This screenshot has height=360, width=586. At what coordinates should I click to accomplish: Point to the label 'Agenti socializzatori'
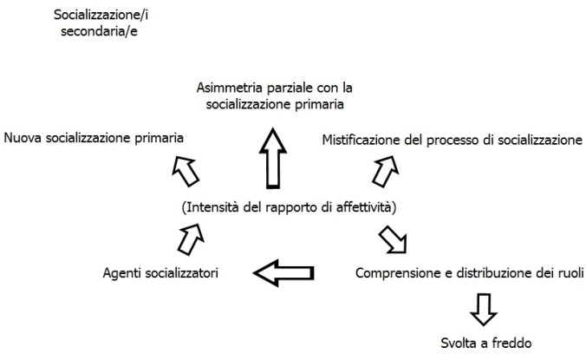[160, 274]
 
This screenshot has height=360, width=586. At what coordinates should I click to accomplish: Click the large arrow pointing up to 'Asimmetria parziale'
[275, 156]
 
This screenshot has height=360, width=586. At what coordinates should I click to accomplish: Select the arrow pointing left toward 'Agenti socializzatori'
[283, 274]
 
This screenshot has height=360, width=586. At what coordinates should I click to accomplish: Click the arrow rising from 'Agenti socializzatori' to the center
[191, 239]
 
